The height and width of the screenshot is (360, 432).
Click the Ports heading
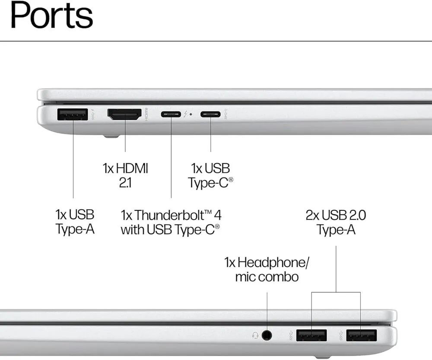coord(51,16)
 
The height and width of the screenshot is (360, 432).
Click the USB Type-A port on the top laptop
coord(72,115)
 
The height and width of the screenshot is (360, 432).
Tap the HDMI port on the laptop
coord(124,115)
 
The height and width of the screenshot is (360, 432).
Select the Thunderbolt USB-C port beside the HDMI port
coord(171,115)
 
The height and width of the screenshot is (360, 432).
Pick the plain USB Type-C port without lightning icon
coord(210,115)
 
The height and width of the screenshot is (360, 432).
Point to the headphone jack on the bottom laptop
coord(267,335)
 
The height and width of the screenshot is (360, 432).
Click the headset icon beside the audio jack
coord(255,335)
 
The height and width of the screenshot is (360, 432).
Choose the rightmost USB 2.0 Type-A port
coord(361,335)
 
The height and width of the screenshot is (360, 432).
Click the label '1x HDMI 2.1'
coord(125,175)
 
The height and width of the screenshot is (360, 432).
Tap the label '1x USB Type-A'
coord(75,221)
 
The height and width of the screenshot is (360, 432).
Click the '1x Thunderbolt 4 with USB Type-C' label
coord(171,222)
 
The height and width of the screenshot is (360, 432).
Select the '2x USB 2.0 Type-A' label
coord(336,222)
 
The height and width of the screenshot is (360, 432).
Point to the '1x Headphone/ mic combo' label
coord(267,269)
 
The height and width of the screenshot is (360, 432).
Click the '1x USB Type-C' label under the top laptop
coord(210,175)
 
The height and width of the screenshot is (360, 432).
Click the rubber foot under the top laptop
coord(111,137)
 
